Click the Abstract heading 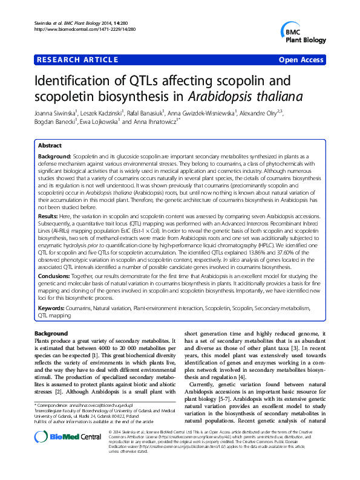tap(50, 146)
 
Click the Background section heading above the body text tap(51, 334)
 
